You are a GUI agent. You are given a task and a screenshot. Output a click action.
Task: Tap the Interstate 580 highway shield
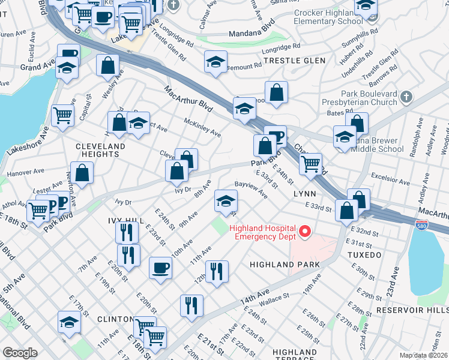(422, 224)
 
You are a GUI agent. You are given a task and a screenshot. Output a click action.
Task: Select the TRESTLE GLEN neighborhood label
(295, 61)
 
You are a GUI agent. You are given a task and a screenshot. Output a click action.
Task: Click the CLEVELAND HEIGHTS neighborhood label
(100, 150)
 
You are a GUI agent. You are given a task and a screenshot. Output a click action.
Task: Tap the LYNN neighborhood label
(304, 194)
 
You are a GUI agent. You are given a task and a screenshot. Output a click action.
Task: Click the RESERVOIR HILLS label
(412, 310)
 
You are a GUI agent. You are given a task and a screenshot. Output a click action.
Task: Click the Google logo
(20, 353)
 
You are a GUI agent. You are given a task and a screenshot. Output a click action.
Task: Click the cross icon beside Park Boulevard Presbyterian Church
(406, 97)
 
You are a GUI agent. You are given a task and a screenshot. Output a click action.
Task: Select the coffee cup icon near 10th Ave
(160, 267)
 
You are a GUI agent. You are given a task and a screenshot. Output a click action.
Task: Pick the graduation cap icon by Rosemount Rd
(215, 61)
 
